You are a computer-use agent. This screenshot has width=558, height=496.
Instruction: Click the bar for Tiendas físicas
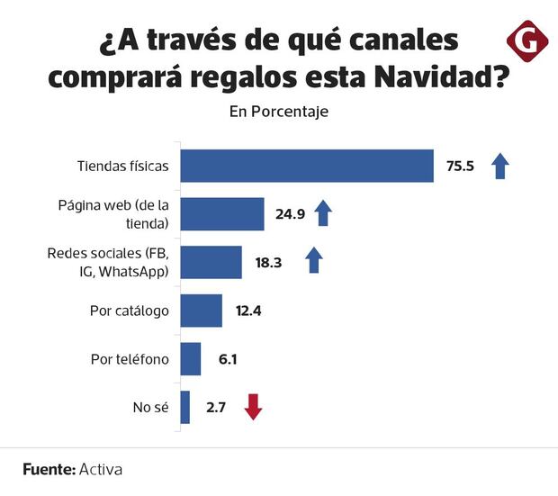click(307, 167)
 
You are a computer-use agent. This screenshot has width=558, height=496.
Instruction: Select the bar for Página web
click(222, 214)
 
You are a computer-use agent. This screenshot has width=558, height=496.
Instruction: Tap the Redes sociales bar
click(211, 262)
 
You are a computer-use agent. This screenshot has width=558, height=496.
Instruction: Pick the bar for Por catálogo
click(202, 311)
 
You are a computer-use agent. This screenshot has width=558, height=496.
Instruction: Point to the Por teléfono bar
click(191, 359)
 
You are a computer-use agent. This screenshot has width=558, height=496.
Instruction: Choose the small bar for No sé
click(185, 407)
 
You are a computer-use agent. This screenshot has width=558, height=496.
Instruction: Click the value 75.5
click(459, 167)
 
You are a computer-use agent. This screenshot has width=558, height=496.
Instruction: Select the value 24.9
click(290, 214)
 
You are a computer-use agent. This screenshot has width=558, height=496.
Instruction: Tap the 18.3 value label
click(268, 262)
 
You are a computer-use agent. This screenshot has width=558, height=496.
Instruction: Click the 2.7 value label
click(216, 407)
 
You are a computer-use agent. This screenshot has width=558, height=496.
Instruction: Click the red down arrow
click(253, 407)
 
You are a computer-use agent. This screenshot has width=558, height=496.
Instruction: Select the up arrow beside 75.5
click(500, 167)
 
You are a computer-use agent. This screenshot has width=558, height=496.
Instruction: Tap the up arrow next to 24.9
click(323, 213)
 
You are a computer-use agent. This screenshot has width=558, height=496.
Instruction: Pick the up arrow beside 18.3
click(313, 261)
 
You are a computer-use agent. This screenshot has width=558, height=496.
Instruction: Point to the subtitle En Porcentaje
click(278, 113)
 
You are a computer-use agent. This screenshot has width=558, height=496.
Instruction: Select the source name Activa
click(101, 469)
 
